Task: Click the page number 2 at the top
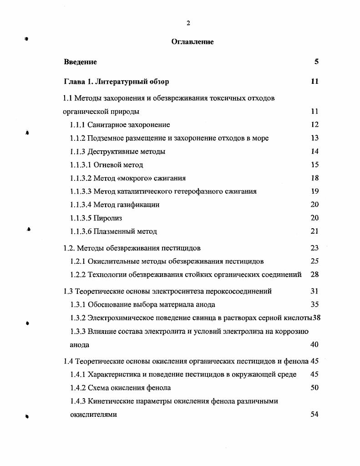(188, 23)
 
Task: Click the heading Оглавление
(193, 42)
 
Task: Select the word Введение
(80, 62)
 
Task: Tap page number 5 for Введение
(316, 62)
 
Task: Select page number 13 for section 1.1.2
(314, 138)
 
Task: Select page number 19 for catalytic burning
(314, 191)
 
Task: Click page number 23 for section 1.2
(314, 248)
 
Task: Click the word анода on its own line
(79, 345)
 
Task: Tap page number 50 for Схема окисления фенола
(314, 388)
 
